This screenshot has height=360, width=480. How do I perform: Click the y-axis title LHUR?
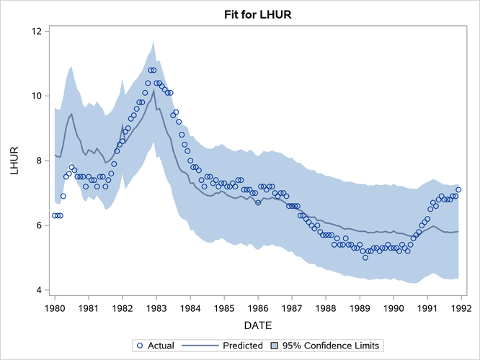click(15, 161)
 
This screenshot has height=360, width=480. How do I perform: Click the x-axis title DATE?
click(257, 327)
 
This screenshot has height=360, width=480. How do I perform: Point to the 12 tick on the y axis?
click(35, 31)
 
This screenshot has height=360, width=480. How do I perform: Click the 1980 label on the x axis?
click(54, 308)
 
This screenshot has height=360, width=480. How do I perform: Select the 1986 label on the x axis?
click(258, 308)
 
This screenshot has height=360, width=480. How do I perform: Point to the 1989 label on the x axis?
click(360, 308)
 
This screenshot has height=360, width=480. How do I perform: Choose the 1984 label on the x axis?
click(190, 308)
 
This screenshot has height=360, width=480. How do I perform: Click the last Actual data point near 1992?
click(458, 190)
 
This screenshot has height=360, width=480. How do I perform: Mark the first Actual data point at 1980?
click(55, 215)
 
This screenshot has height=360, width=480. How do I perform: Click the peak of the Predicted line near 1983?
click(153, 90)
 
